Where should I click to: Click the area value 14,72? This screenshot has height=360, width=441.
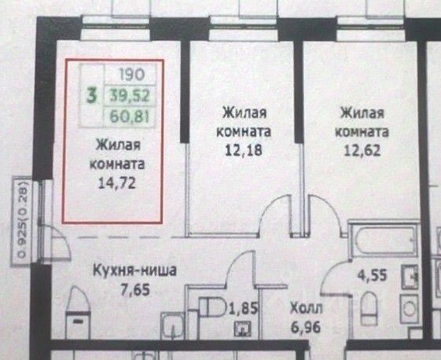117,183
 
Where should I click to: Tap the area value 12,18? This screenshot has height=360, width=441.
244,150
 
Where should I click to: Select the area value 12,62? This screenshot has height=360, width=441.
362,150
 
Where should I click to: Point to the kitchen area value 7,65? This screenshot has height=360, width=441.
135,290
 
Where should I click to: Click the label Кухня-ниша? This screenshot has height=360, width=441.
134,270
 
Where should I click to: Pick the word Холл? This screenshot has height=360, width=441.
306,309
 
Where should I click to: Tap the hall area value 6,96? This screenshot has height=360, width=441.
306,327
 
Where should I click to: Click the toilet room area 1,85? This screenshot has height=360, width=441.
244,309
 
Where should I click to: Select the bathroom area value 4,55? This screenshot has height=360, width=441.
372,275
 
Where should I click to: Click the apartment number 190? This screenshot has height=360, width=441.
132,75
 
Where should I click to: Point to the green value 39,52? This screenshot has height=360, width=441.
130,96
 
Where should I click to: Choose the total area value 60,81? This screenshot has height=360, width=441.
130,116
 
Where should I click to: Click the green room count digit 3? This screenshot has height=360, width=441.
92,96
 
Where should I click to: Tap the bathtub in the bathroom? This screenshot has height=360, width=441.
384,240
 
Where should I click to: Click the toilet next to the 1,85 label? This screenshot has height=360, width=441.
212,307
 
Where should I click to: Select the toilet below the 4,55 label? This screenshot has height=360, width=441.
369,308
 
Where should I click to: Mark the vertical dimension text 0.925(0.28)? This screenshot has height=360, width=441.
22,220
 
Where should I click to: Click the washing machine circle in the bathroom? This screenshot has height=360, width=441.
410,310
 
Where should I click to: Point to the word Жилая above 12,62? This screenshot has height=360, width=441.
362,113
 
